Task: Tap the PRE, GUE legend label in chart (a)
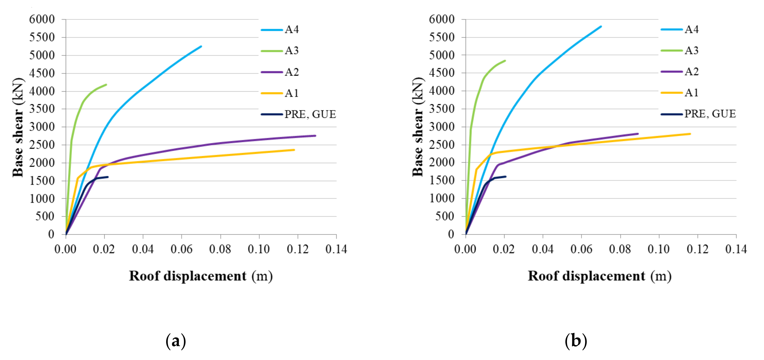(310, 114)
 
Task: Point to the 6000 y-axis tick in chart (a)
(42, 20)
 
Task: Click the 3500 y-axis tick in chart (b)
(442, 109)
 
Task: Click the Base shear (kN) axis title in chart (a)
(18, 127)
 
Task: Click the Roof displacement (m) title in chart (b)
(599, 276)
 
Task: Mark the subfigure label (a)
(176, 341)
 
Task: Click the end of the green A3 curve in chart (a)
(106, 84)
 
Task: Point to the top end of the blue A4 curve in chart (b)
(601, 26)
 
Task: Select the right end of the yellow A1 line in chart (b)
(690, 134)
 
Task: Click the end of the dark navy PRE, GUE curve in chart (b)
(505, 176)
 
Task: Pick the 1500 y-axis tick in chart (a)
(42, 181)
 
